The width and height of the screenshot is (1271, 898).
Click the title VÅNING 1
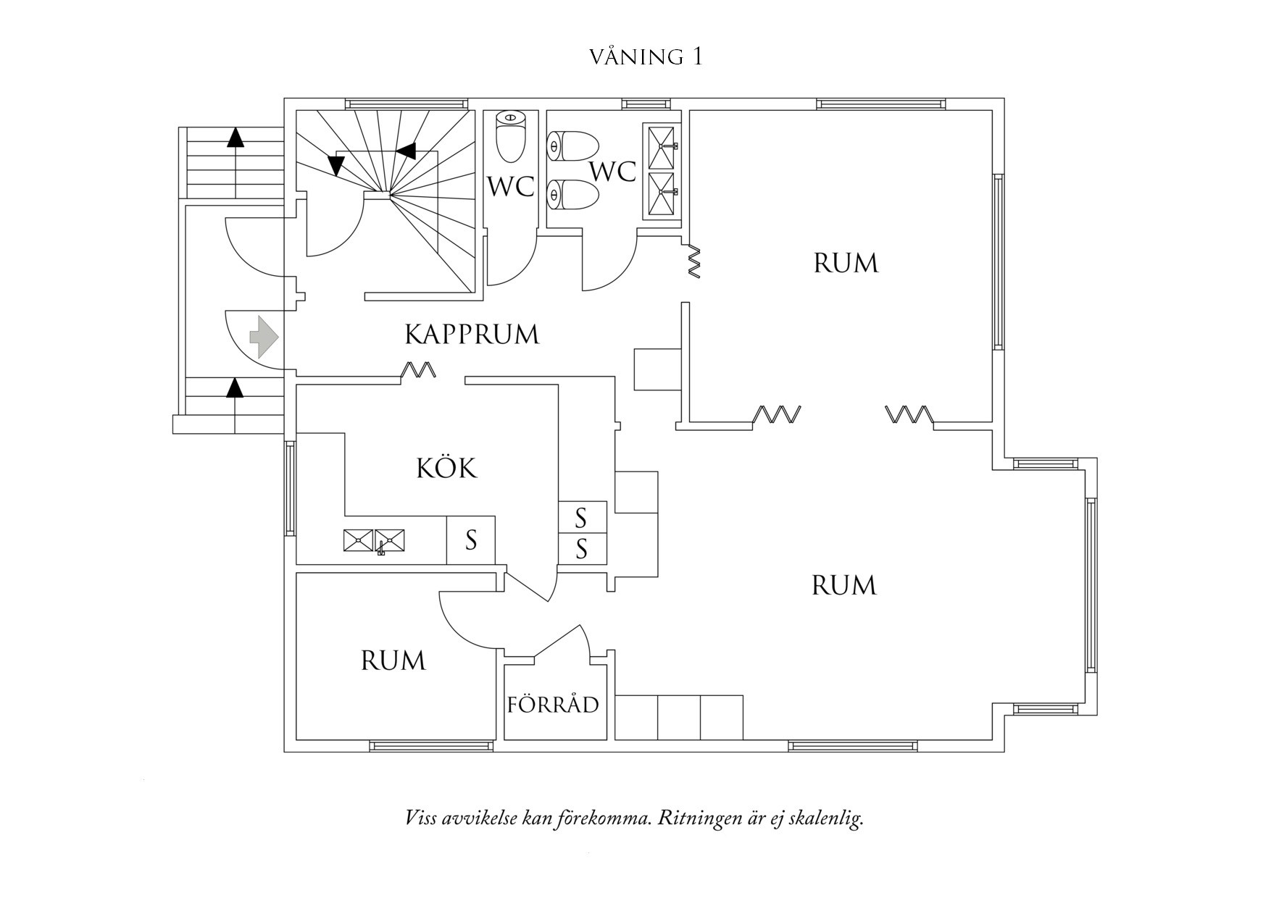(x=646, y=57)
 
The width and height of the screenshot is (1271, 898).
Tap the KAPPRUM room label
(x=472, y=335)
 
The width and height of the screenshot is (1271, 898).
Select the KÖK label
(x=446, y=468)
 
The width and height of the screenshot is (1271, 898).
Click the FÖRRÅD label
(x=553, y=705)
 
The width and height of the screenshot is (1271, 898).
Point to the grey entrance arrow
(x=264, y=336)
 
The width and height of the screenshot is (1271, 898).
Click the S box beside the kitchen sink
(x=471, y=540)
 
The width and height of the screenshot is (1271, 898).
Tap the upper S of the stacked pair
(x=581, y=518)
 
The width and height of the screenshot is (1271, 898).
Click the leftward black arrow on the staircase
(x=407, y=151)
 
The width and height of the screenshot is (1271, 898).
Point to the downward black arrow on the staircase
(x=336, y=166)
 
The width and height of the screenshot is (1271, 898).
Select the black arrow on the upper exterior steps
(x=236, y=138)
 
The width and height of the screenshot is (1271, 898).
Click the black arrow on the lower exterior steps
(x=234, y=388)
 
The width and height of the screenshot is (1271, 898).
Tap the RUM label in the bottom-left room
(x=393, y=660)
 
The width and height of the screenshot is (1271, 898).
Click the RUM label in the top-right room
(x=846, y=263)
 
